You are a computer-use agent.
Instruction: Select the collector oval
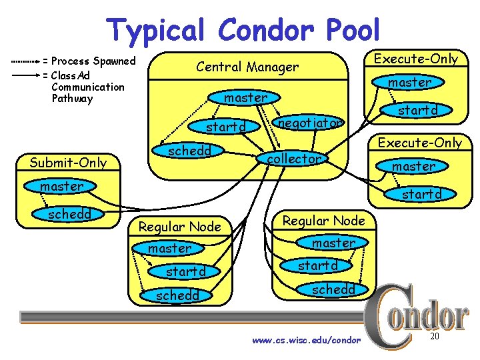[x=294, y=159]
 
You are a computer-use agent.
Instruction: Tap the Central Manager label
[x=247, y=67]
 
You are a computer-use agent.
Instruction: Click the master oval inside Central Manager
[x=245, y=97]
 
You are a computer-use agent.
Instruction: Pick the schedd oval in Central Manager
[x=189, y=151]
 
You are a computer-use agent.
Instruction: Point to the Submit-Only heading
[x=68, y=162]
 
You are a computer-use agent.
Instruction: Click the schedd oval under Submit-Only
[x=69, y=214]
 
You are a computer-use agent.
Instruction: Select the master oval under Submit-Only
[x=61, y=186]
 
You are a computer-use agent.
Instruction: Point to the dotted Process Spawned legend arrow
[x=25, y=61]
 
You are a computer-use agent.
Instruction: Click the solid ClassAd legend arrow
[x=25, y=75]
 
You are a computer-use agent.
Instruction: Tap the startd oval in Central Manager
[x=226, y=127]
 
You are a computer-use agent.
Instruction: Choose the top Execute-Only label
[x=416, y=59]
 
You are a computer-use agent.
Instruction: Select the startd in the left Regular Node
[x=185, y=271]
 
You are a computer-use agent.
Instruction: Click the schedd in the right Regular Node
[x=333, y=289]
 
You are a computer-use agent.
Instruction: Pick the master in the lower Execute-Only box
[x=413, y=166]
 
